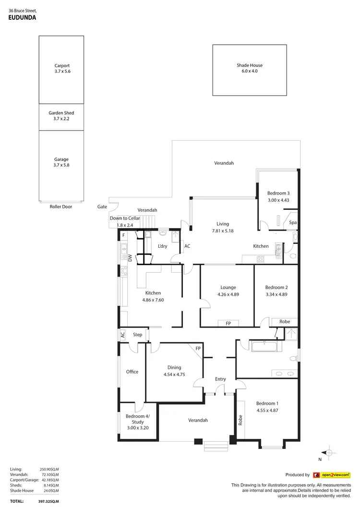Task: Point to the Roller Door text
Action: tap(61, 207)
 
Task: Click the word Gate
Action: tap(102, 207)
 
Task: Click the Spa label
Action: tap(293, 223)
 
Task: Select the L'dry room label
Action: tap(162, 246)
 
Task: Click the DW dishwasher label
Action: tap(130, 258)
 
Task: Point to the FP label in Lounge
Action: tap(228, 324)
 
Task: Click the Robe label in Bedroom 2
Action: tap(285, 322)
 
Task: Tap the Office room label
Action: tap(132, 372)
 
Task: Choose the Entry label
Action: tap(220, 379)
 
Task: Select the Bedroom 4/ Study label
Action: tap(138, 419)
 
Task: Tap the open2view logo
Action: tap(331, 475)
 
